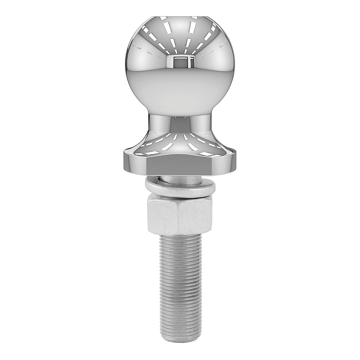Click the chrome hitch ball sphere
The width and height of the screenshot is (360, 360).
coord(180,75)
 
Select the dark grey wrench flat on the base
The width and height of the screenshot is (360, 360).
coord(180,166)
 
